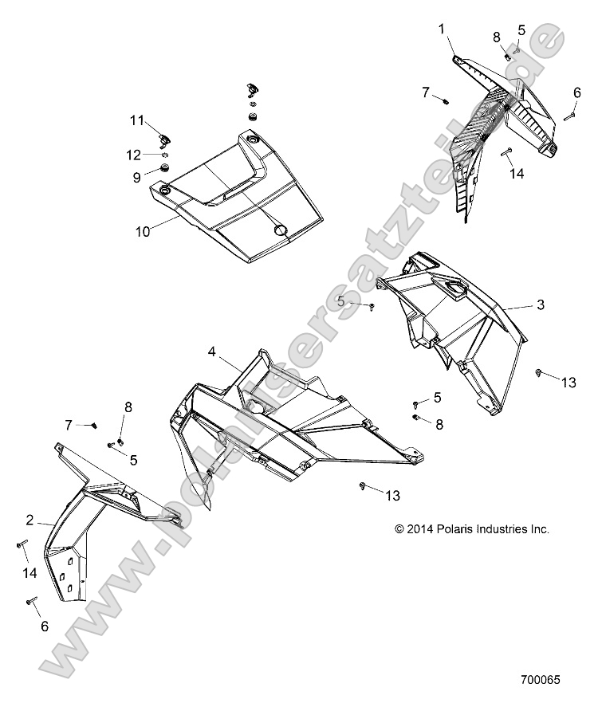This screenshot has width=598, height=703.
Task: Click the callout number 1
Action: click(441, 29)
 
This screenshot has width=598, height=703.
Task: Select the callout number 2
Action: click(30, 520)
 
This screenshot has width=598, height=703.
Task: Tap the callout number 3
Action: click(540, 304)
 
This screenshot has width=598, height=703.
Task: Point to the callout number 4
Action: click(212, 351)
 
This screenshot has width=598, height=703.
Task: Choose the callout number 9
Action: click(136, 176)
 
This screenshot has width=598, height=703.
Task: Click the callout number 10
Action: click(143, 232)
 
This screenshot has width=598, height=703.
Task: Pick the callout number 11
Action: click(137, 120)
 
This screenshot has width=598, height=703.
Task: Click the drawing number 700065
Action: click(541, 681)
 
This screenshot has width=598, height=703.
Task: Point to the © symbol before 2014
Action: click(399, 528)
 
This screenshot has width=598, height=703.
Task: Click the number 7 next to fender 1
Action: click(426, 93)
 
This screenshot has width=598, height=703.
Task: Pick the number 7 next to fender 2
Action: click(69, 424)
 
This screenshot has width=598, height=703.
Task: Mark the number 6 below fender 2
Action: click(44, 626)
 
